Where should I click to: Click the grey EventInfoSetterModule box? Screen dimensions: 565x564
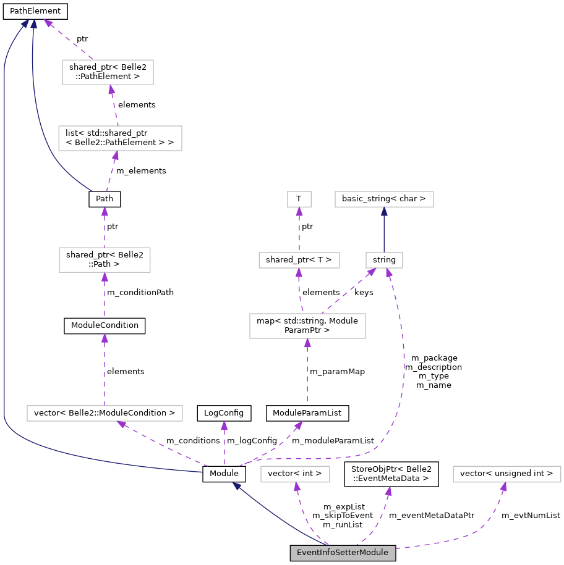(343, 553)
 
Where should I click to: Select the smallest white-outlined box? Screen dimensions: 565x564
(299, 199)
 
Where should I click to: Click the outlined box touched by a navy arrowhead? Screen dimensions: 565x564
(384, 199)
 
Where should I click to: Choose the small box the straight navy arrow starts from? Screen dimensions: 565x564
(384, 260)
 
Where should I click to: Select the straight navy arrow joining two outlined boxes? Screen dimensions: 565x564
(384, 230)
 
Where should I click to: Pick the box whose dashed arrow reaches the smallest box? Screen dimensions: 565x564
(299, 260)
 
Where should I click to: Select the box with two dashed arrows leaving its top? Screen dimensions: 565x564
(307, 326)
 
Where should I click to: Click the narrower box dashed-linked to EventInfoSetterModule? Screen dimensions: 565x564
(295, 474)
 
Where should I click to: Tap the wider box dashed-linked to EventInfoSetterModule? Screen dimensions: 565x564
(507, 474)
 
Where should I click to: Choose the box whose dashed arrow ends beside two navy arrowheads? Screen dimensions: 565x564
(108, 72)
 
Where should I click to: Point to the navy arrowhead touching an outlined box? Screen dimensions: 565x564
(384, 211)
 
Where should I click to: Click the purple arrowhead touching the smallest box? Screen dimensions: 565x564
(299, 212)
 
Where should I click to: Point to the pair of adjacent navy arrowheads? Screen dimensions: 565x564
(29, 23)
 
